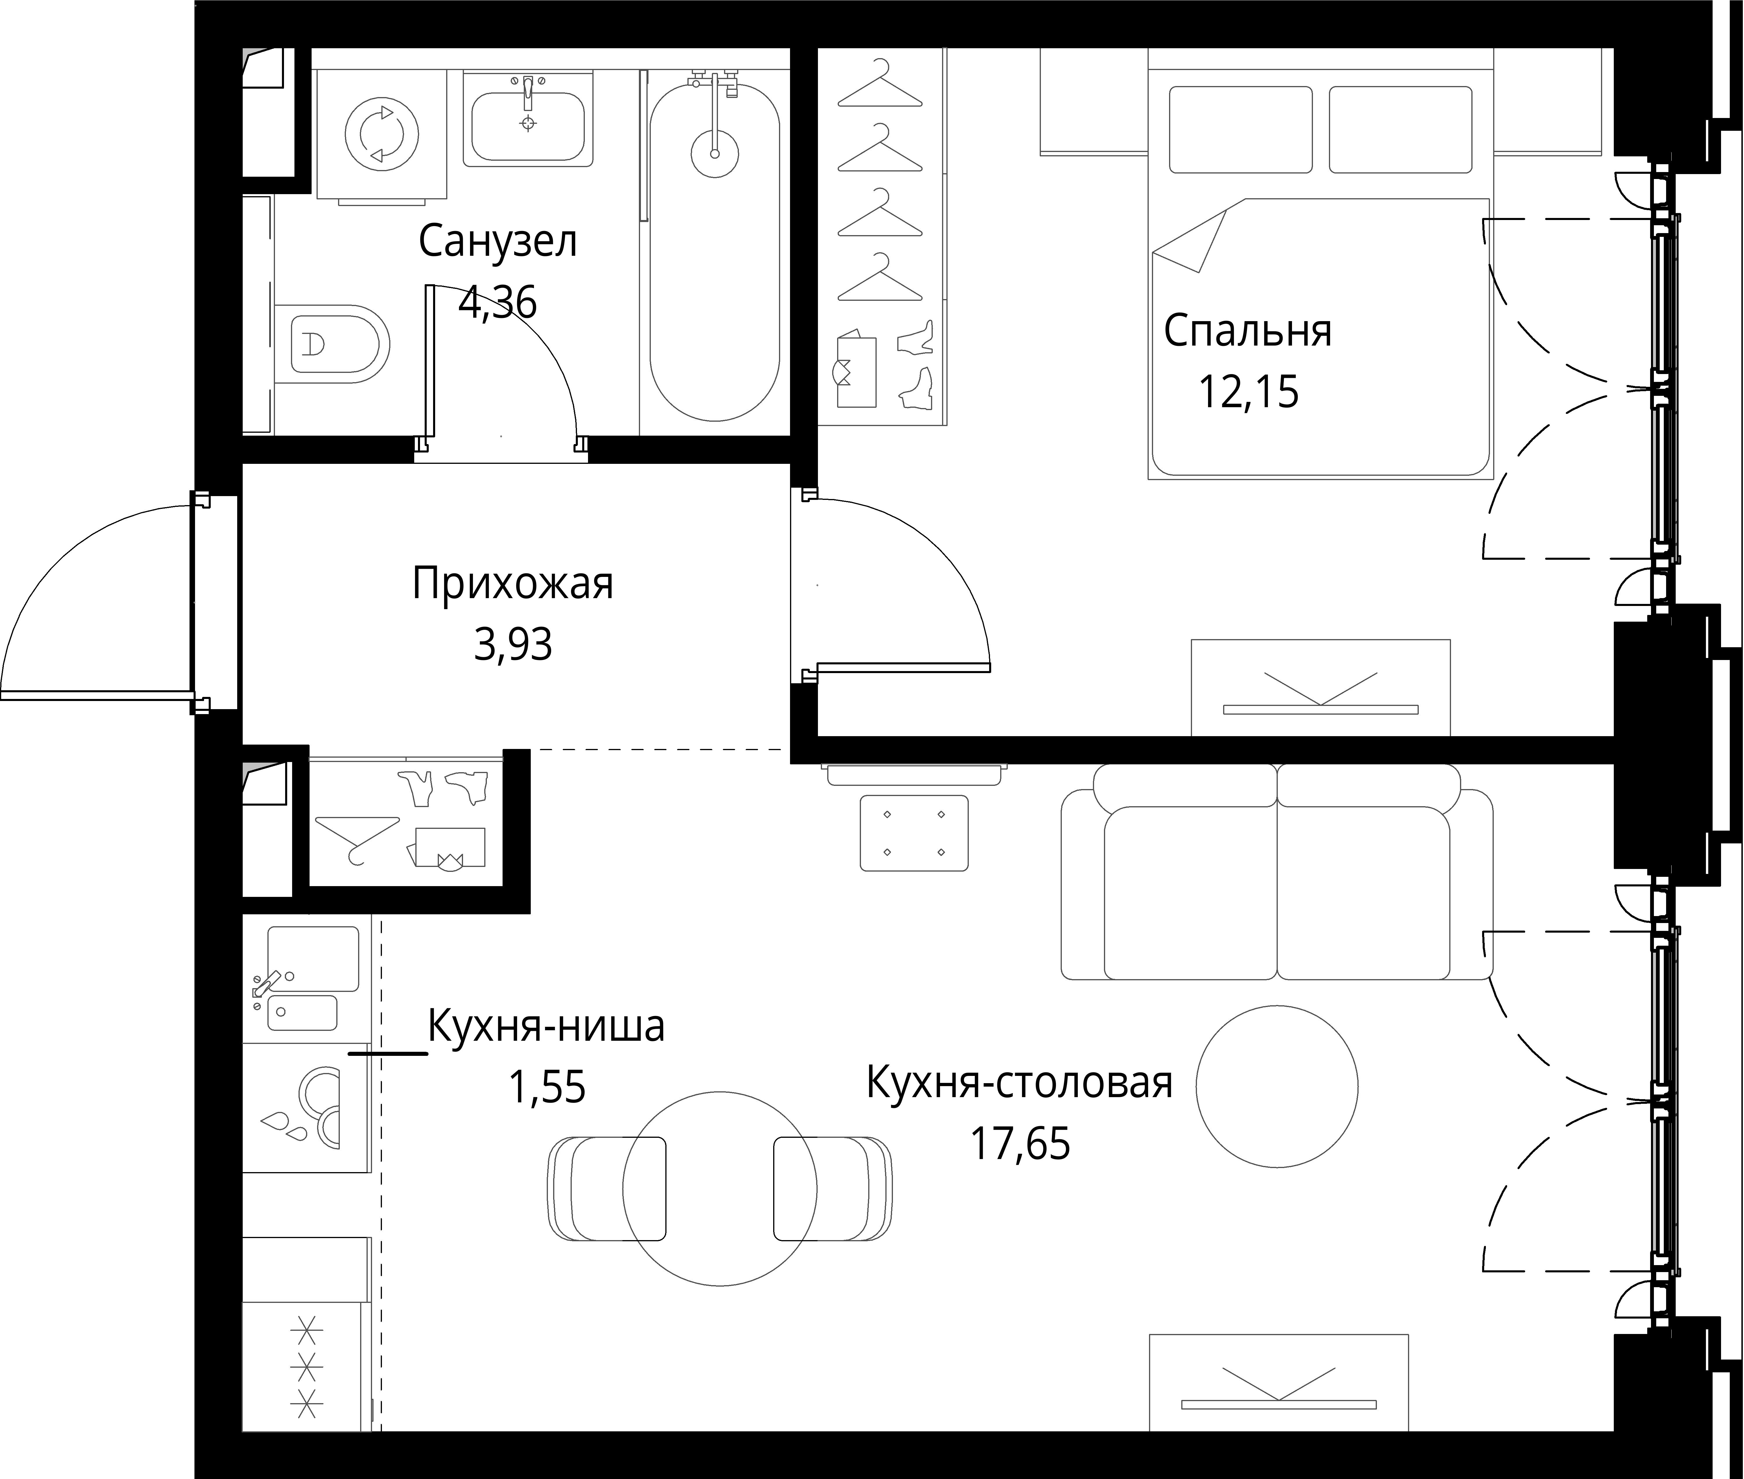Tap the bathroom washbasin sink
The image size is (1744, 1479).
click(x=527, y=126)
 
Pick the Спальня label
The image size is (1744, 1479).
click(x=1248, y=331)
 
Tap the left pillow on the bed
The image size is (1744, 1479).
click(x=1241, y=130)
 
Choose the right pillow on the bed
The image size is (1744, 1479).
click(x=1400, y=130)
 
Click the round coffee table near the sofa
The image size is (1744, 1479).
click(x=1276, y=1086)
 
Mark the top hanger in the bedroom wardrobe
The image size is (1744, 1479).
click(x=880, y=84)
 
